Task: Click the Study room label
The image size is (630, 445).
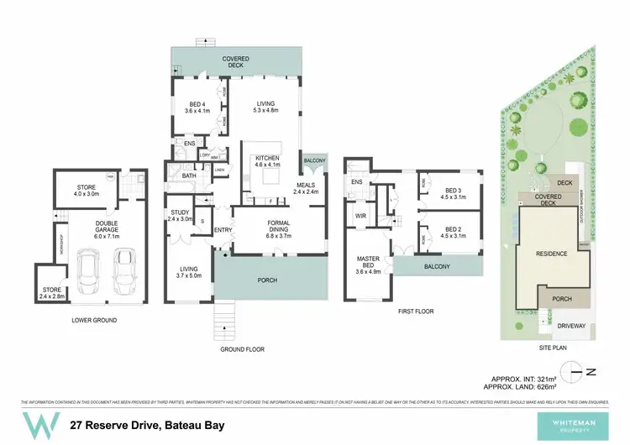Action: point(181,215)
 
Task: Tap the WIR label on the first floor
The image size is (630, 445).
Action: point(362,216)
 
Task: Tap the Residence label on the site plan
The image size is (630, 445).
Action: point(551,254)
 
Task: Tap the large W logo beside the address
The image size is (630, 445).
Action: point(39,424)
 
